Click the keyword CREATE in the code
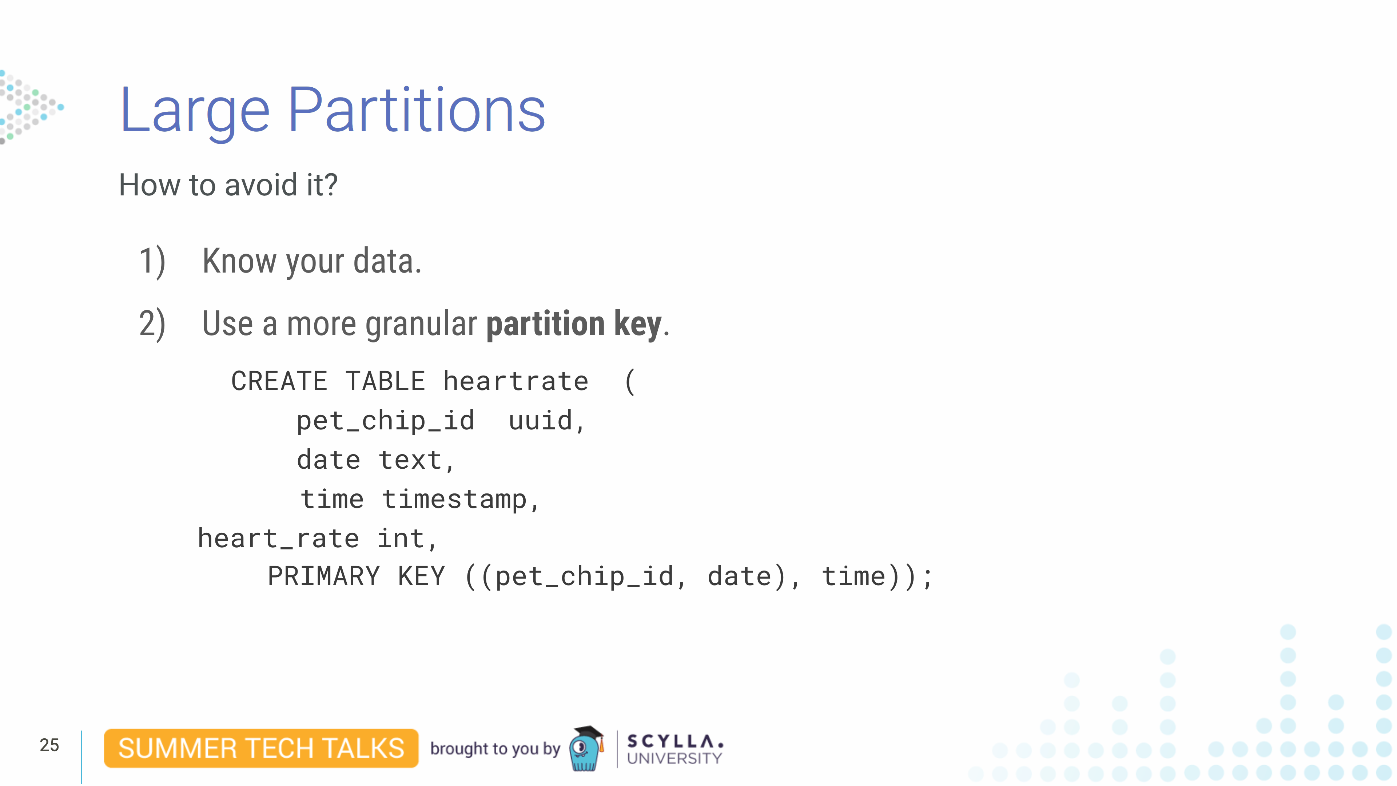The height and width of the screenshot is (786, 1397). coord(279,381)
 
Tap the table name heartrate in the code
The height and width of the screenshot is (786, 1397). coord(516,381)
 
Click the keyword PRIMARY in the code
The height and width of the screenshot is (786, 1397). coord(324,576)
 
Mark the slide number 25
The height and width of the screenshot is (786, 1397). coord(49,745)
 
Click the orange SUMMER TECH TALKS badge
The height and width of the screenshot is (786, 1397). coord(261,749)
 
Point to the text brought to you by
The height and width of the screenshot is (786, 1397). coord(495,749)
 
